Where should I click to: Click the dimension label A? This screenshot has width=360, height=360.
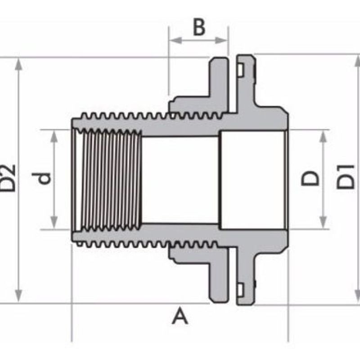coord(180,316)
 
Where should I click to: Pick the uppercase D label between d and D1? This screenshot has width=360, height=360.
coord(310,178)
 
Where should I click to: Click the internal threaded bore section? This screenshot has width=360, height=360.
coord(108,179)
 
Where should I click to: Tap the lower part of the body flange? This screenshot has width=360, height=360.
coord(245,274)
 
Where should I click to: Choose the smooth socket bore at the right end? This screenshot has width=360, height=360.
coord(252,179)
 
